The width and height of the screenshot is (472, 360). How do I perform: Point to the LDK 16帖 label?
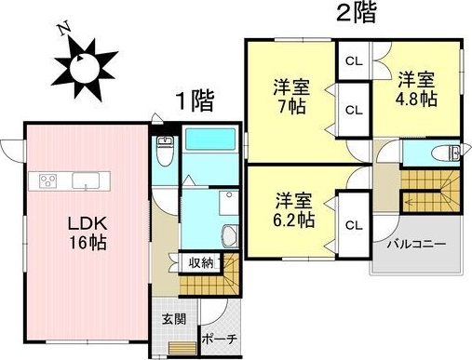pos(83,231)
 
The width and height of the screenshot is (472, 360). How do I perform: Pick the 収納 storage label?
pos(202,263)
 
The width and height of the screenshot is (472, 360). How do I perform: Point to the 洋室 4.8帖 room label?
pos(417,87)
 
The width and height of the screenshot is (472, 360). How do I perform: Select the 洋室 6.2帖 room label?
pos(292,210)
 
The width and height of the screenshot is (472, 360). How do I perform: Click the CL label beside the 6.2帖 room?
pos(353,224)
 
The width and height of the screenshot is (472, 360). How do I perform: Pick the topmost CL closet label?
pos(353,61)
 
